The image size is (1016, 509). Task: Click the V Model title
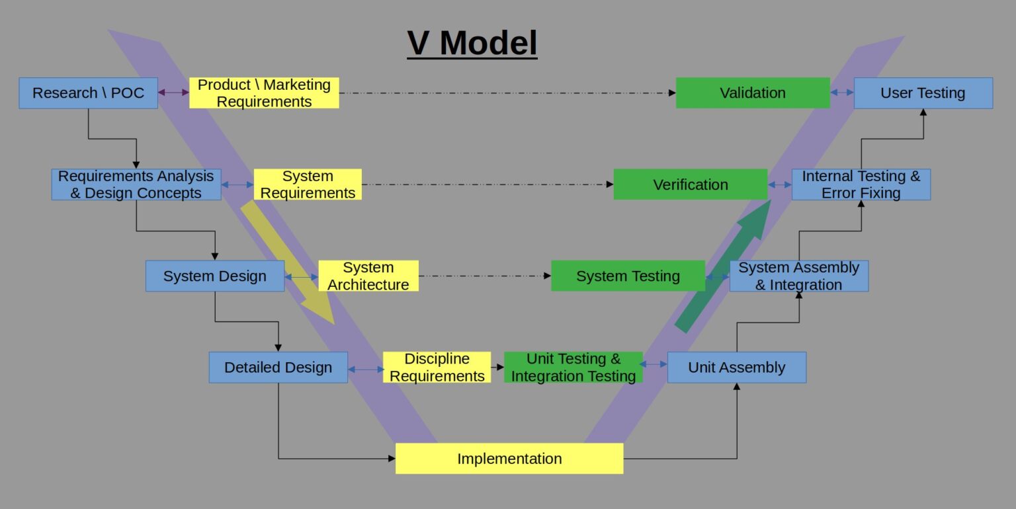coord(472,44)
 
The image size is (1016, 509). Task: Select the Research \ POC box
coord(88,93)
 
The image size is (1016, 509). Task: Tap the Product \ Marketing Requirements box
coord(264,93)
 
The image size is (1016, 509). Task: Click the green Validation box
coord(753,93)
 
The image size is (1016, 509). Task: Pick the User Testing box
coord(923,93)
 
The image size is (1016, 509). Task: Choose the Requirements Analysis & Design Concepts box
coord(136,184)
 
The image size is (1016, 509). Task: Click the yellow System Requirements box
coord(308,184)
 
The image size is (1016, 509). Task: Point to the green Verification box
coord(691,184)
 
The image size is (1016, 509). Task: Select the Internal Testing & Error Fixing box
coord(861,184)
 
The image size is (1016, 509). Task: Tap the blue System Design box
coord(215,276)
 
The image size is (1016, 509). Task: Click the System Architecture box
coord(368,276)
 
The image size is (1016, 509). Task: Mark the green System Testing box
coord(628,276)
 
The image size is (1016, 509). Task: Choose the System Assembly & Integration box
coord(798,276)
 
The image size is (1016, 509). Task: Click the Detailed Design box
coord(278,368)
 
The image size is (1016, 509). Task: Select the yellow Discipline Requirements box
coord(437,368)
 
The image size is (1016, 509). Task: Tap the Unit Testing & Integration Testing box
coord(573,368)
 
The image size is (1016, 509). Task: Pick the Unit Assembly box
coord(736,368)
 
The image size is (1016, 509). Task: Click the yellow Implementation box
coord(509,459)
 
